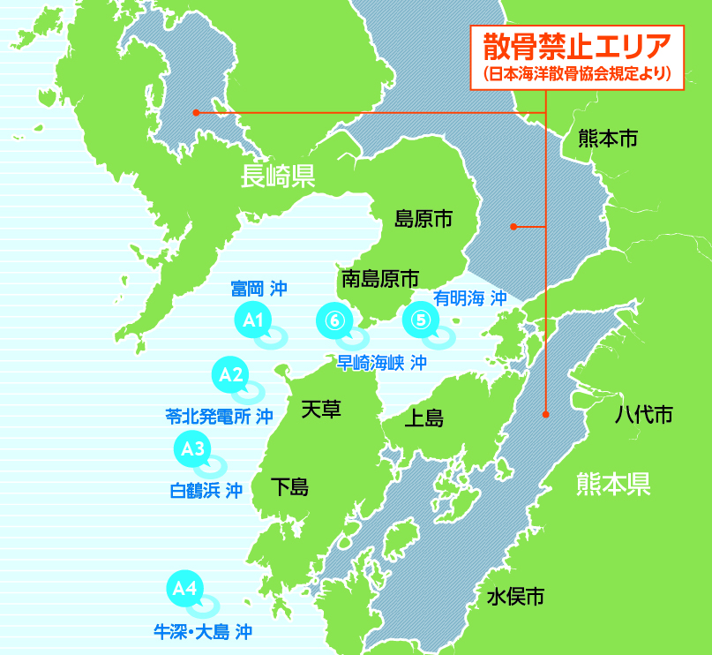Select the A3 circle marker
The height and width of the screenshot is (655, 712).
pyautogui.click(x=192, y=449)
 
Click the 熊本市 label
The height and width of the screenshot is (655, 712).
pyautogui.click(x=608, y=139)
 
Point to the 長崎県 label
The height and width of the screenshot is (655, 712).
pyautogui.click(x=279, y=177)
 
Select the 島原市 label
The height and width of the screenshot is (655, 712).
pyautogui.click(x=423, y=218)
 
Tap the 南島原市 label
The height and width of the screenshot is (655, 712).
pyautogui.click(x=379, y=279)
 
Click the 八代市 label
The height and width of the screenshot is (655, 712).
pyautogui.click(x=644, y=414)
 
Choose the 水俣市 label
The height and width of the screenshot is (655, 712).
pyautogui.click(x=515, y=596)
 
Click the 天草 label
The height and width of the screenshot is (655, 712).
pyautogui.click(x=320, y=409)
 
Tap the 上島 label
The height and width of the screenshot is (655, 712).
pyautogui.click(x=423, y=418)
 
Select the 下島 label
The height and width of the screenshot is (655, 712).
pyautogui.click(x=289, y=486)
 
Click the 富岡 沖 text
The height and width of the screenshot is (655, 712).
pyautogui.click(x=259, y=288)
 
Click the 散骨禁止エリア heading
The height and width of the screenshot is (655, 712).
pyautogui.click(x=578, y=43)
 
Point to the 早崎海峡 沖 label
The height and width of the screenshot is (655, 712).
pyautogui.click(x=382, y=362)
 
